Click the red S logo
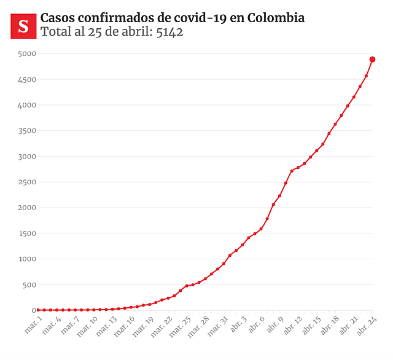[x=24, y=25]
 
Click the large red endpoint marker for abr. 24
[x=373, y=60]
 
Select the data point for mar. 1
[x=38, y=310]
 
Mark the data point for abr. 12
[x=298, y=168]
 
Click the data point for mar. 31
[x=224, y=264]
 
